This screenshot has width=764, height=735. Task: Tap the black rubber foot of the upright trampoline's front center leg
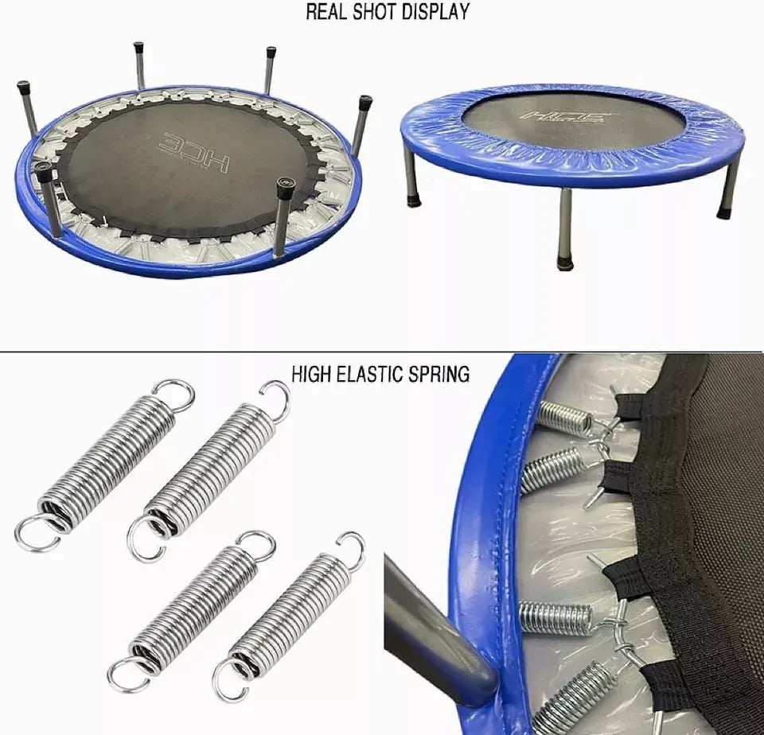[565, 264]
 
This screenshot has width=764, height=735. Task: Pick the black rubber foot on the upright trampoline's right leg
[724, 212]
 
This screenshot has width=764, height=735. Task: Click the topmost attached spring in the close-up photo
[565, 417]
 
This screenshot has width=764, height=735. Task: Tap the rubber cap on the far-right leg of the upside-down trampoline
[365, 103]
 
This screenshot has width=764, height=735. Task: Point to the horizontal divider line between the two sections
[381, 351]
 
